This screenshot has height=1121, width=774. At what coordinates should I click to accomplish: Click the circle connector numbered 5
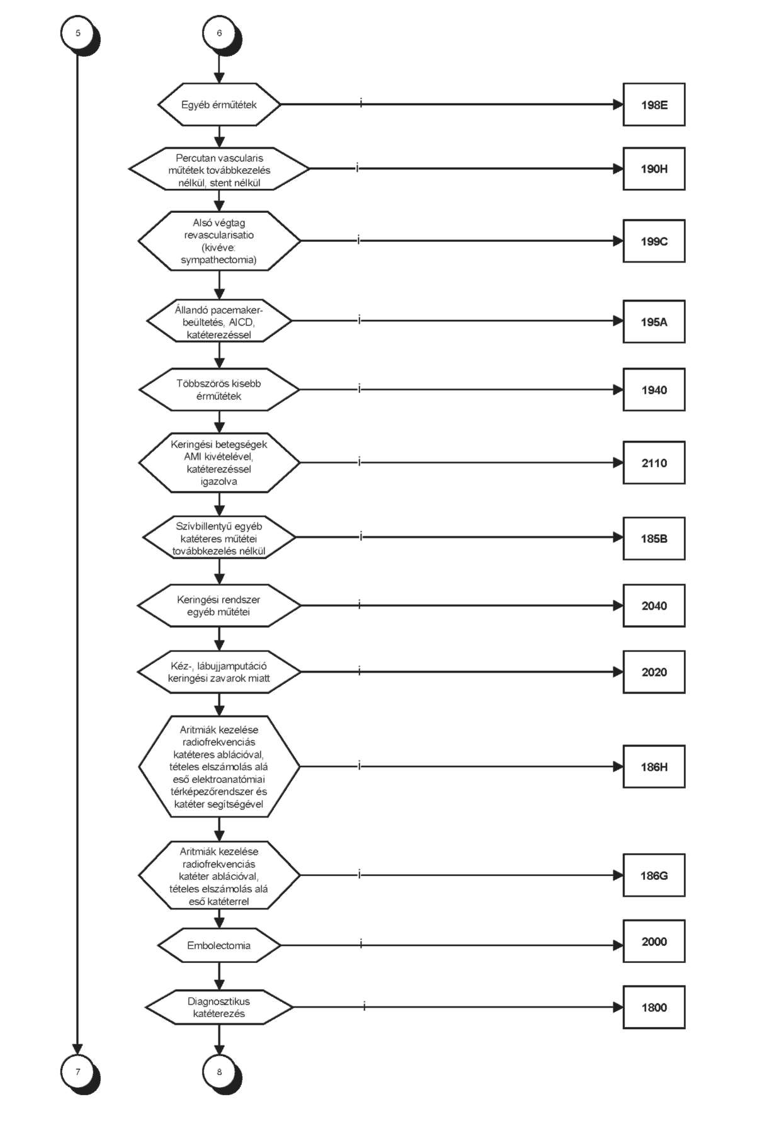78,33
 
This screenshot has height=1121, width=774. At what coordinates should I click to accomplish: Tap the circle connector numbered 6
220,33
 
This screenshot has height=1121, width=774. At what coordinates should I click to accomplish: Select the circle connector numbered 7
78,1072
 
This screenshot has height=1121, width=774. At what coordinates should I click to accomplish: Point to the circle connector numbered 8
220,1072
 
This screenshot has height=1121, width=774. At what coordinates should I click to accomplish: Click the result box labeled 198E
654,105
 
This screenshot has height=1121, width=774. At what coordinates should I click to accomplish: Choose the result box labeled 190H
654,169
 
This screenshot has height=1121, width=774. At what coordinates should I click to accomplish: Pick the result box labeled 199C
654,241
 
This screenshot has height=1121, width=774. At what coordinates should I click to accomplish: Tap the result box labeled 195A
654,322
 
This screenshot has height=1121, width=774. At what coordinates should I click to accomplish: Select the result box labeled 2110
654,463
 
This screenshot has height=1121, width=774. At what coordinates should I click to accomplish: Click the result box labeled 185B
654,538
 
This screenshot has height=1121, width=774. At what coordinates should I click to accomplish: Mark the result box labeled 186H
654,766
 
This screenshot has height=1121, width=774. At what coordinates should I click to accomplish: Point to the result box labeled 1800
654,1007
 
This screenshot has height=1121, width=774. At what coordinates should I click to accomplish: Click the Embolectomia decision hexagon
219,945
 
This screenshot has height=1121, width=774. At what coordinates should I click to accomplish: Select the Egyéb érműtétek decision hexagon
219,105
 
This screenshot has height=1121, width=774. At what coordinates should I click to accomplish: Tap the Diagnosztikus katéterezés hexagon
219,1007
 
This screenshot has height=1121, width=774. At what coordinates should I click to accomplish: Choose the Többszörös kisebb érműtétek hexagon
219,390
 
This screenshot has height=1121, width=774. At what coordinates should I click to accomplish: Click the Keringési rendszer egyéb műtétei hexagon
219,606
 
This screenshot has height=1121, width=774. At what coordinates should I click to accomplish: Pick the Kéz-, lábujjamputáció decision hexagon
219,672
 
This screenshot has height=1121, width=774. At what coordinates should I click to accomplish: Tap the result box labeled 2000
654,942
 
